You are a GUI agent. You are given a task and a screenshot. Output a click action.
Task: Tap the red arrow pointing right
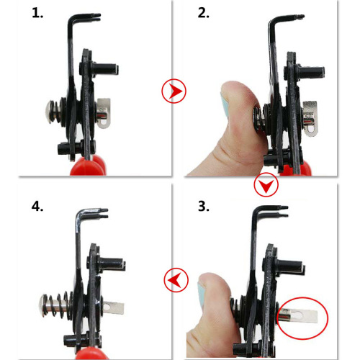tap(175, 91)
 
